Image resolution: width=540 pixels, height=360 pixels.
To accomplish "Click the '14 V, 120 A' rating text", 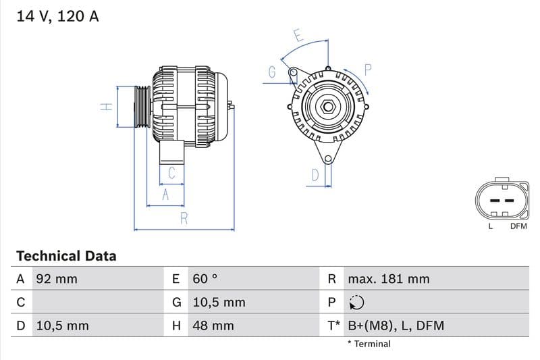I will click(57, 16).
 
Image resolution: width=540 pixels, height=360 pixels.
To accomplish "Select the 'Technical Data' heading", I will click(66, 256).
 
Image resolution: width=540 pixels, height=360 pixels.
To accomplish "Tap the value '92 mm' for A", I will click(56, 279).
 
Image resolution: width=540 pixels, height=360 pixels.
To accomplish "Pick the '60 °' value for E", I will click(206, 279).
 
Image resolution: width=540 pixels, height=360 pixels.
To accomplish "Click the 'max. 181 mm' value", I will click(388, 279).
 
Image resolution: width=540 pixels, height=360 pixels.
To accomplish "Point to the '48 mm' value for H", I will click(213, 326).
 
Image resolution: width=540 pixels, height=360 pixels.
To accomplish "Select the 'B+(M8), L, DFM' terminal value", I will click(396, 326).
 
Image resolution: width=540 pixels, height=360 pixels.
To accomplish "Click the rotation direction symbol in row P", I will click(356, 303).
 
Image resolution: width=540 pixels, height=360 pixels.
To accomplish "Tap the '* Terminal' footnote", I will click(369, 344).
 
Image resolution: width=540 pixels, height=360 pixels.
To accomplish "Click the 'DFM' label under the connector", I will click(518, 226).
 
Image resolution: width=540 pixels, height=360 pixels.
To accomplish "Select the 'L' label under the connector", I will click(491, 226).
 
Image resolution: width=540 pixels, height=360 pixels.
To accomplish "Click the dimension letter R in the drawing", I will click(184, 218).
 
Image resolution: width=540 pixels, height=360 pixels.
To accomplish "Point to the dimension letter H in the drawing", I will click(106, 107).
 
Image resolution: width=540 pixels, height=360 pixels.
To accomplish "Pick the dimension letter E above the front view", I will click(298, 35).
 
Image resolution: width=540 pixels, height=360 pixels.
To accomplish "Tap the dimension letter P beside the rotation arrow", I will click(369, 69).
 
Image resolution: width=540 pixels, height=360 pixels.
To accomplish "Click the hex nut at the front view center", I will click(327, 106).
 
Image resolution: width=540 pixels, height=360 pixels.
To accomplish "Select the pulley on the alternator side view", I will click(142, 107).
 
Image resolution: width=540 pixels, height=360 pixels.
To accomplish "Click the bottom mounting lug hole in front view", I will click(328, 159).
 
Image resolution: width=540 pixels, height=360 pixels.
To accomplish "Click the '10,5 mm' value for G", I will click(219, 303).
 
